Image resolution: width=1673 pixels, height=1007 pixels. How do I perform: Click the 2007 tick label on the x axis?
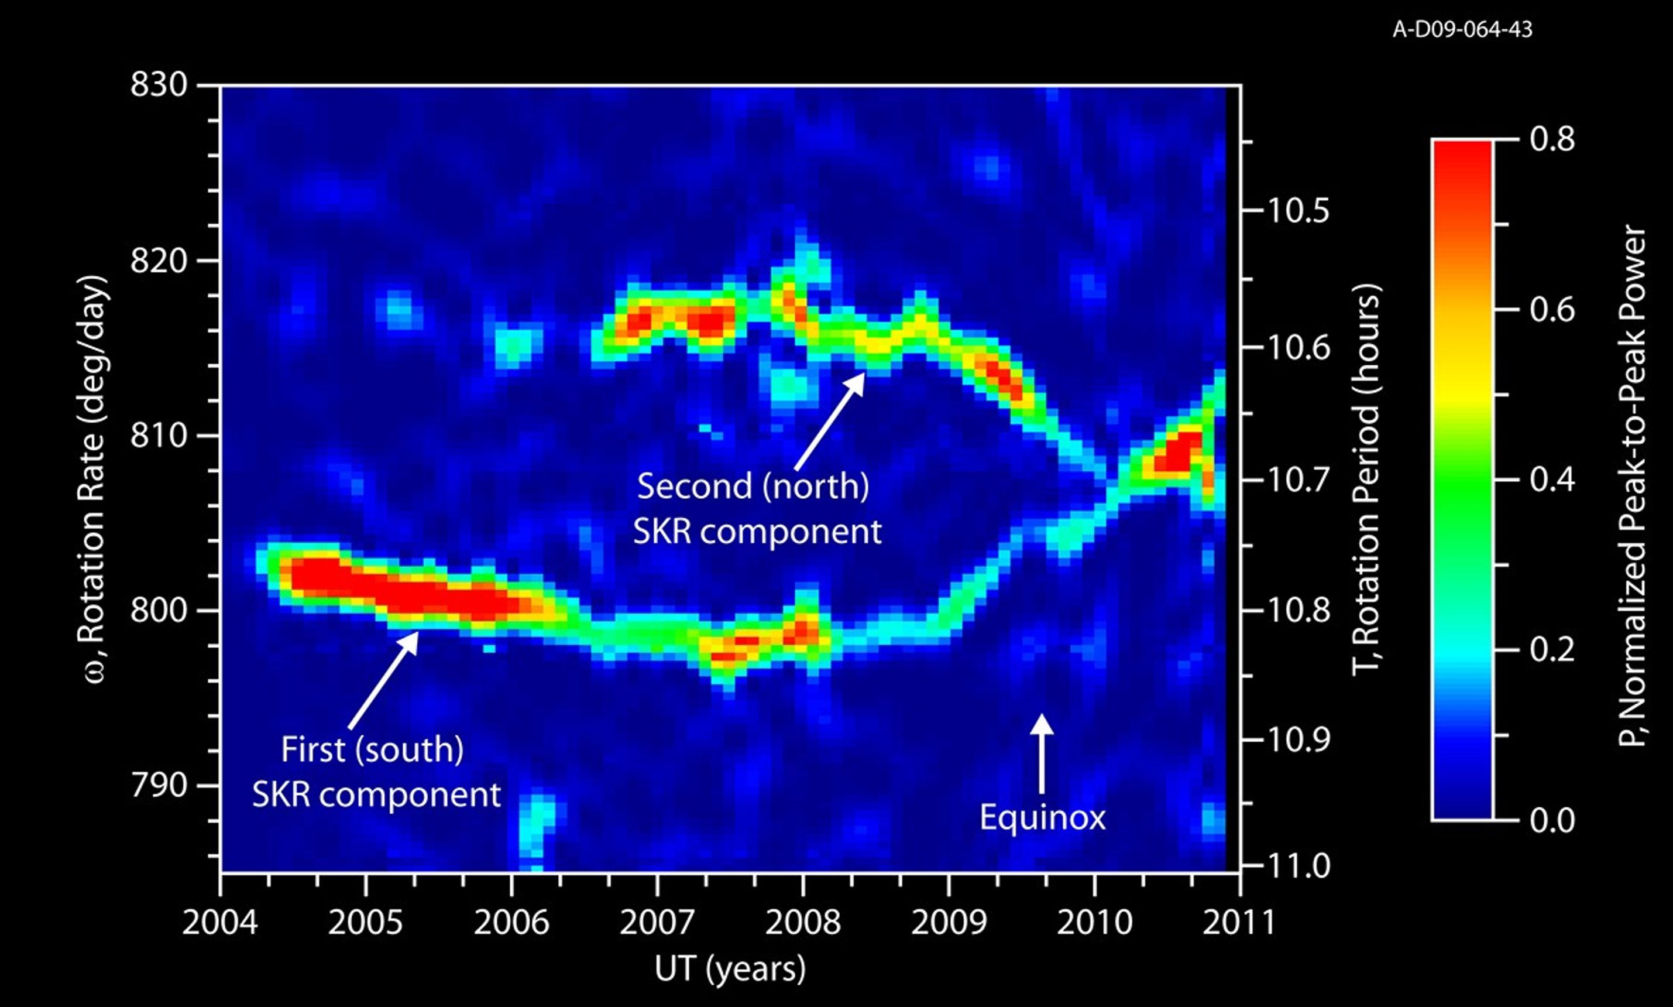657,923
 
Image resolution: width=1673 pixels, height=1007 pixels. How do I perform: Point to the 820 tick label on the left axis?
158,261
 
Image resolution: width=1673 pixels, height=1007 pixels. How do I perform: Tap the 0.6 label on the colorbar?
1552,310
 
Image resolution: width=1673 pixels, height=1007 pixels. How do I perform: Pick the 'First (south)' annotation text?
372,750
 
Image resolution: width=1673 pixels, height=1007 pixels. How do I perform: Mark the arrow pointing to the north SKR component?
830,421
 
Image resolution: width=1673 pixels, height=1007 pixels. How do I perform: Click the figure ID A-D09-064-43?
1462,30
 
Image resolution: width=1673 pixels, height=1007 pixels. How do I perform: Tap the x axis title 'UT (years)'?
730,969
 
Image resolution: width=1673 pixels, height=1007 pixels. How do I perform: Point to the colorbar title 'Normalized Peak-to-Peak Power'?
1632,486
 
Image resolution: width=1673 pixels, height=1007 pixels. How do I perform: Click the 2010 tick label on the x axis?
1094,923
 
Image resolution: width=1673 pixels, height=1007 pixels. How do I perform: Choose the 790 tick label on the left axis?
158,786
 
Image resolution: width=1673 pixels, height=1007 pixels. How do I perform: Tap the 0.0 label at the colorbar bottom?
1552,821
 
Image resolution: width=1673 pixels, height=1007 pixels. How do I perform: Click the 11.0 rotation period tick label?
1297,866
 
